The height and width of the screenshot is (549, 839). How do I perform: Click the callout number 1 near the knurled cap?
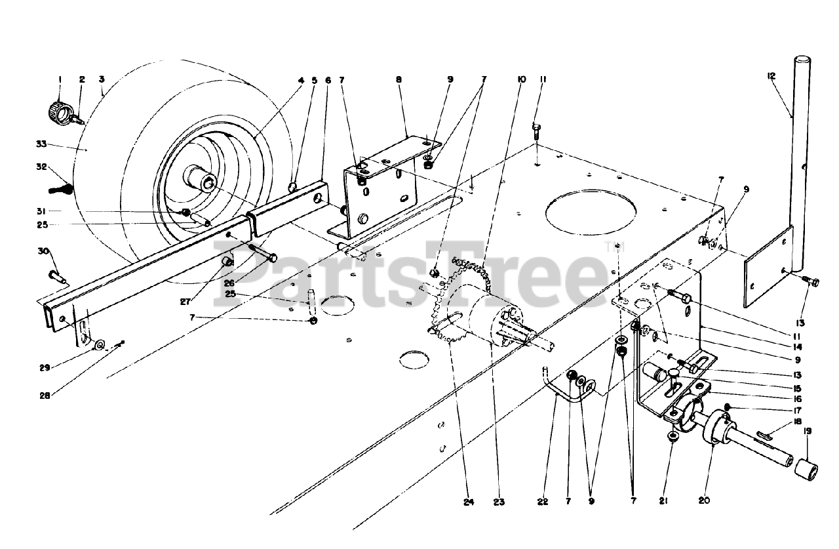click(x=60, y=79)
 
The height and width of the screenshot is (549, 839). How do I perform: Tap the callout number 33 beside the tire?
click(x=41, y=144)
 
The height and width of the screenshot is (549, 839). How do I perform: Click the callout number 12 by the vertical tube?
click(x=771, y=76)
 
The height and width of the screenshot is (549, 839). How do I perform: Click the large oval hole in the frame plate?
click(x=591, y=213)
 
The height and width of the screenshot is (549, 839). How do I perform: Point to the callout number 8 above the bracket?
click(x=399, y=79)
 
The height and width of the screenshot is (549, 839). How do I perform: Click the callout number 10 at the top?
click(x=521, y=79)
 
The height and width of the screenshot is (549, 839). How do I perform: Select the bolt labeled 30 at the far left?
click(x=57, y=277)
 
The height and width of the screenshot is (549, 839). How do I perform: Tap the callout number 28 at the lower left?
click(x=45, y=396)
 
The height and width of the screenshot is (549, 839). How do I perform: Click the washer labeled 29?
click(x=99, y=344)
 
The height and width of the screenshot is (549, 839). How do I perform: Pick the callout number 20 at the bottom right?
click(x=704, y=500)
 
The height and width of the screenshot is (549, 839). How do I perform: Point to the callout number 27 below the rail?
click(x=185, y=302)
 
